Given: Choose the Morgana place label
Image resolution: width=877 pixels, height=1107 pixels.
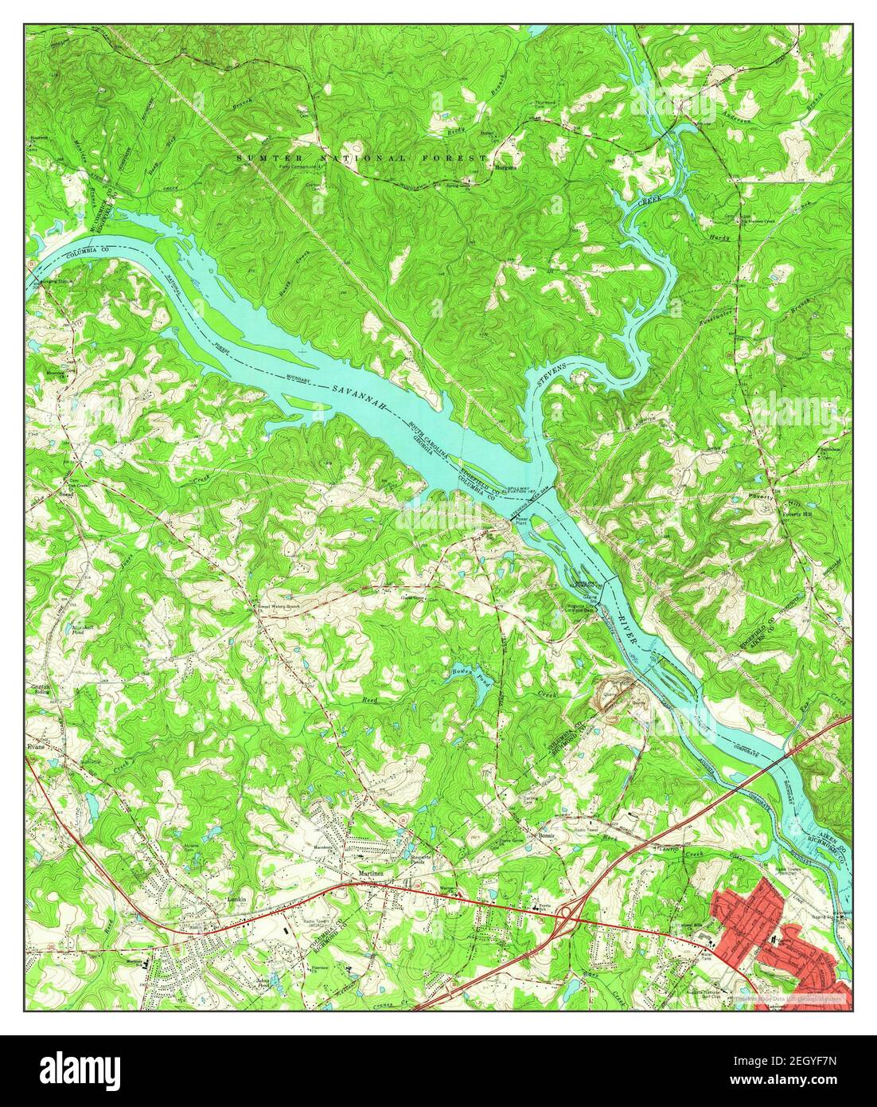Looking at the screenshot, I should pyautogui.click(x=505, y=168).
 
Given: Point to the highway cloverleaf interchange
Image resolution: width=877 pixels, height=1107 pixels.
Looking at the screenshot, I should pyautogui.click(x=571, y=916).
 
